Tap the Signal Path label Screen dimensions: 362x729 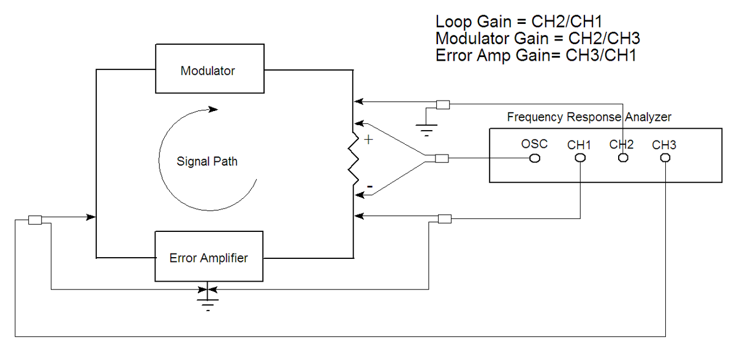tap(207, 162)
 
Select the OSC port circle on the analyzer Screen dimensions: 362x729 tap(534, 158)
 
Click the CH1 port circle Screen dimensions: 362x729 tap(580, 158)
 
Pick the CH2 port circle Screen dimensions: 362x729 tap(623, 158)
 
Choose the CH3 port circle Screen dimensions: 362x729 tap(665, 158)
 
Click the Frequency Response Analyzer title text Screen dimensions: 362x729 tap(589, 117)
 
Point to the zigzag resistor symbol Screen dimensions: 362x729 tap(353, 158)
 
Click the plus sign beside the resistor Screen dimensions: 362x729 tap(368, 140)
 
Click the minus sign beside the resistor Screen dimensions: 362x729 tap(369, 185)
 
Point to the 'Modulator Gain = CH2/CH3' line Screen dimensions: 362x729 tap(538, 39)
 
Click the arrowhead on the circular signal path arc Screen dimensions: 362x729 tap(212, 110)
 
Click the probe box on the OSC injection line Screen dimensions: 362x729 tap(442, 159)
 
